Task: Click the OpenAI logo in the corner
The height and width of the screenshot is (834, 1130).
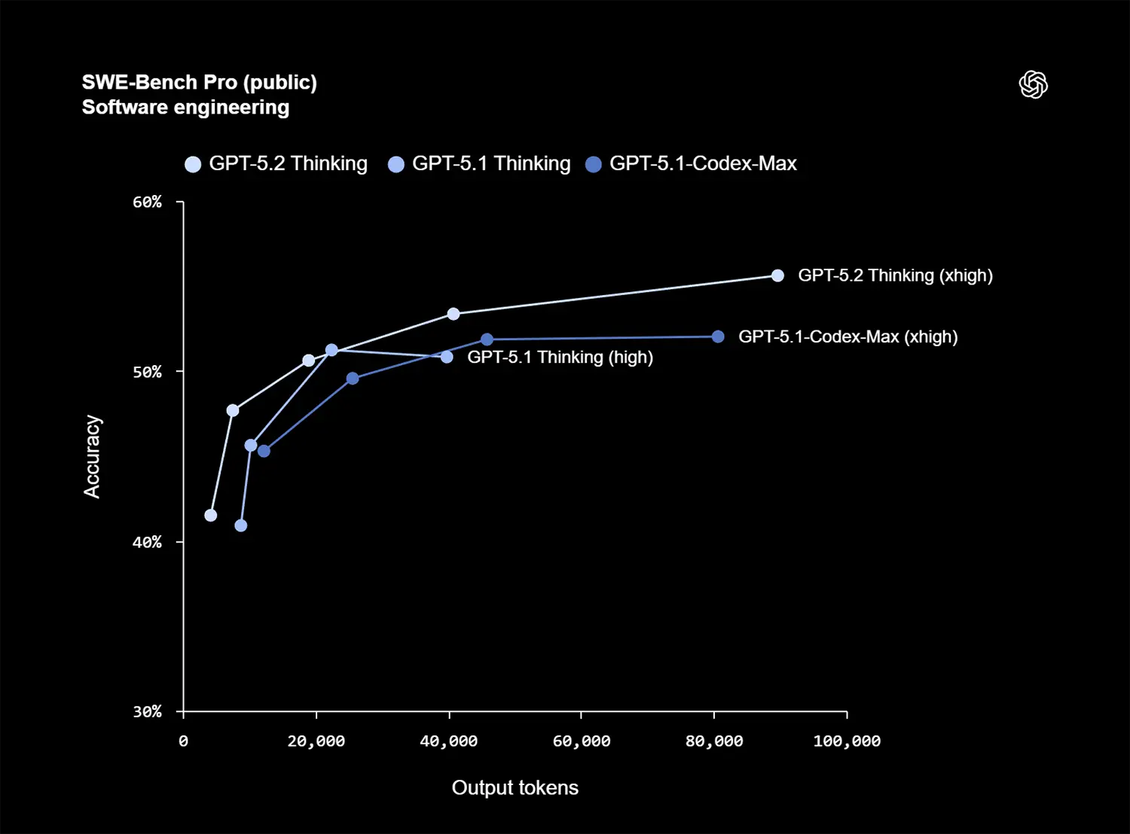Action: click(x=1033, y=84)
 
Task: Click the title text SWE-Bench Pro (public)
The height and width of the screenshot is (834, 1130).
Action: click(x=199, y=82)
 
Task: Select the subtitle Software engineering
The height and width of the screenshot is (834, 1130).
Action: click(x=185, y=107)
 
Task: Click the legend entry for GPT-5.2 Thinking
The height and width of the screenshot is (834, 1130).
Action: click(x=276, y=163)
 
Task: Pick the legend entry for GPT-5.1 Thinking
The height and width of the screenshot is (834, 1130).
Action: click(x=480, y=163)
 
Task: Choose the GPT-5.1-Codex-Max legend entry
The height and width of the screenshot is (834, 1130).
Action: click(x=692, y=163)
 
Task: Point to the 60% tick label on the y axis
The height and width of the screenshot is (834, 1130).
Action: click(x=148, y=202)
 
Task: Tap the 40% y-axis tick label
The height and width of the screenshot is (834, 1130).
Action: click(x=148, y=542)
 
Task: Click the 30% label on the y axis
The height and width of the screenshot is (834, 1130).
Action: click(x=148, y=711)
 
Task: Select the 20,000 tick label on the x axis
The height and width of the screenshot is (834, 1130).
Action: click(x=316, y=741)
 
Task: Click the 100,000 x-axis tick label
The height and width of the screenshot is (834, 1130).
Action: click(x=847, y=741)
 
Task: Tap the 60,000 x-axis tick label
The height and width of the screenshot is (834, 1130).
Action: click(x=582, y=741)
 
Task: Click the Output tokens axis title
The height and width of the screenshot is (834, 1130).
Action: click(x=515, y=787)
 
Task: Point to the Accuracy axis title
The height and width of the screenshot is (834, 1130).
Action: click(x=92, y=456)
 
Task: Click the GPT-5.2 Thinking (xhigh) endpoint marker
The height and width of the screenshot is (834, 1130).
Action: click(x=777, y=275)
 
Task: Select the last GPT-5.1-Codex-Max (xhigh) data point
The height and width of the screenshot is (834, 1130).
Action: click(x=718, y=336)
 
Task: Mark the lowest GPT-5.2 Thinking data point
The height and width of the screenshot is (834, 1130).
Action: click(x=211, y=515)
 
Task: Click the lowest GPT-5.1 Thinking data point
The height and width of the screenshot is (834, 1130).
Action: click(x=241, y=525)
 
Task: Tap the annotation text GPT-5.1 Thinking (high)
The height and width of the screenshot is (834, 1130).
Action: click(x=560, y=357)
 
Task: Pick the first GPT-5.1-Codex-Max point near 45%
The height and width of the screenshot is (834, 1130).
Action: click(x=264, y=451)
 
